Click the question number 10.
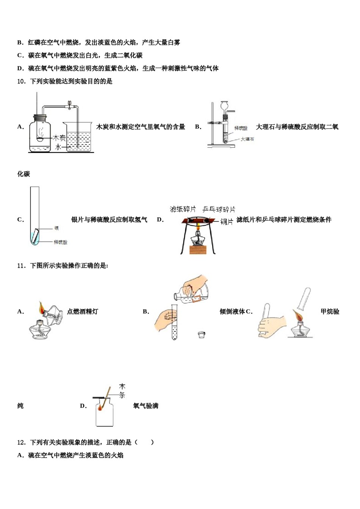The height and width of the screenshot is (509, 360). click(x=22, y=81)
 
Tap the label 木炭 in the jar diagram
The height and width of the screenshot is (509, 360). click(x=59, y=138)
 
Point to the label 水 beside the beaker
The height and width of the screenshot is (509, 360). click(x=58, y=147)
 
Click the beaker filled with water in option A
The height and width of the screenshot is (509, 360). click(x=79, y=138)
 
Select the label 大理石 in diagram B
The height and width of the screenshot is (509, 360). click(x=247, y=139)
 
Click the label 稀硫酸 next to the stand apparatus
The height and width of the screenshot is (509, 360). click(x=241, y=128)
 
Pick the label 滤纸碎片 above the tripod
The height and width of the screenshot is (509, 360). click(x=183, y=209)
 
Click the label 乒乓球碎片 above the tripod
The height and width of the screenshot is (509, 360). click(x=219, y=209)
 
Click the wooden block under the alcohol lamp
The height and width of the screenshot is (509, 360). click(x=198, y=250)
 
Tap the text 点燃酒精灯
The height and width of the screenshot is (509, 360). click(x=83, y=312)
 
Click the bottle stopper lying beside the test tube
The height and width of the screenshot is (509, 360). click(x=202, y=334)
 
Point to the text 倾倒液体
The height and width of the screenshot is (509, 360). click(x=232, y=312)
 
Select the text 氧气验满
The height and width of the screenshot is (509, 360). click(x=146, y=406)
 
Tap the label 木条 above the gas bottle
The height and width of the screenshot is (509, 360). click(x=122, y=390)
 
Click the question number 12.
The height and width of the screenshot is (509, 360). click(x=22, y=442)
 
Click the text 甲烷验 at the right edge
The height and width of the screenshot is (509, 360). click(x=330, y=312)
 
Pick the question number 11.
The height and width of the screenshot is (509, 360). click(x=22, y=266)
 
